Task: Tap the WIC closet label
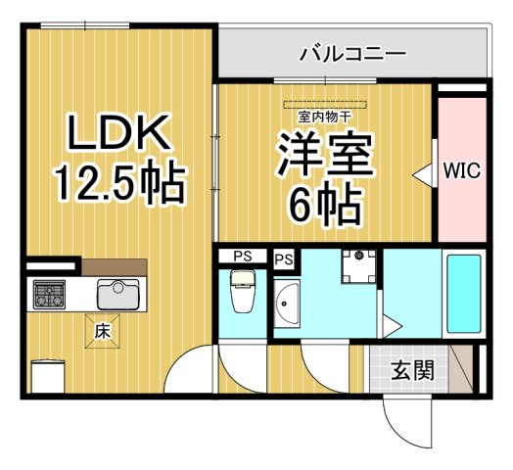461,170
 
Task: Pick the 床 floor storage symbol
101,331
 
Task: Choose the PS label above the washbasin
284,259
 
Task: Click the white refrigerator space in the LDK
47,374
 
